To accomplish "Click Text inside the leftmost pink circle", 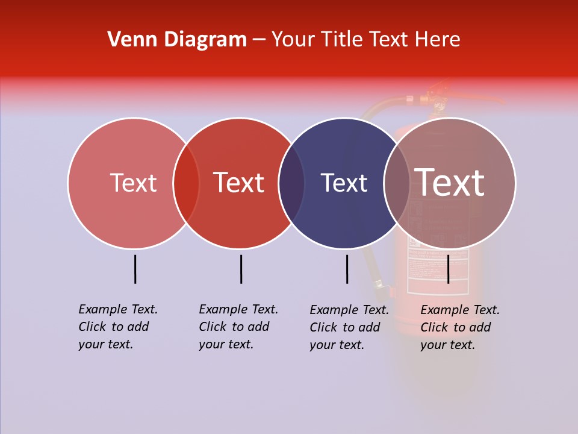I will pyautogui.click(x=133, y=183).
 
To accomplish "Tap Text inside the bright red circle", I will pyautogui.click(x=239, y=183).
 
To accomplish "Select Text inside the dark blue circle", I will pyautogui.click(x=344, y=183).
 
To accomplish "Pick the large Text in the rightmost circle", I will pyautogui.click(x=450, y=183).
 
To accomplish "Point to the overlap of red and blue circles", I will pyautogui.click(x=292, y=183).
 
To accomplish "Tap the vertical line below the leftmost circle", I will pyautogui.click(x=135, y=269).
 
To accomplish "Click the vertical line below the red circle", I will pyautogui.click(x=241, y=269).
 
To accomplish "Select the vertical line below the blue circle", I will pyautogui.click(x=347, y=269).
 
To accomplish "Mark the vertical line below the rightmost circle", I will pyautogui.click(x=448, y=269).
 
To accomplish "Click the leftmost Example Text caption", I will pyautogui.click(x=118, y=327).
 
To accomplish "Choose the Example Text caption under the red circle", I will pyautogui.click(x=238, y=327).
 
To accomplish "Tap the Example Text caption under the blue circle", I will pyautogui.click(x=349, y=327).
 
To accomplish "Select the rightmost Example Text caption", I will pyautogui.click(x=460, y=327).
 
